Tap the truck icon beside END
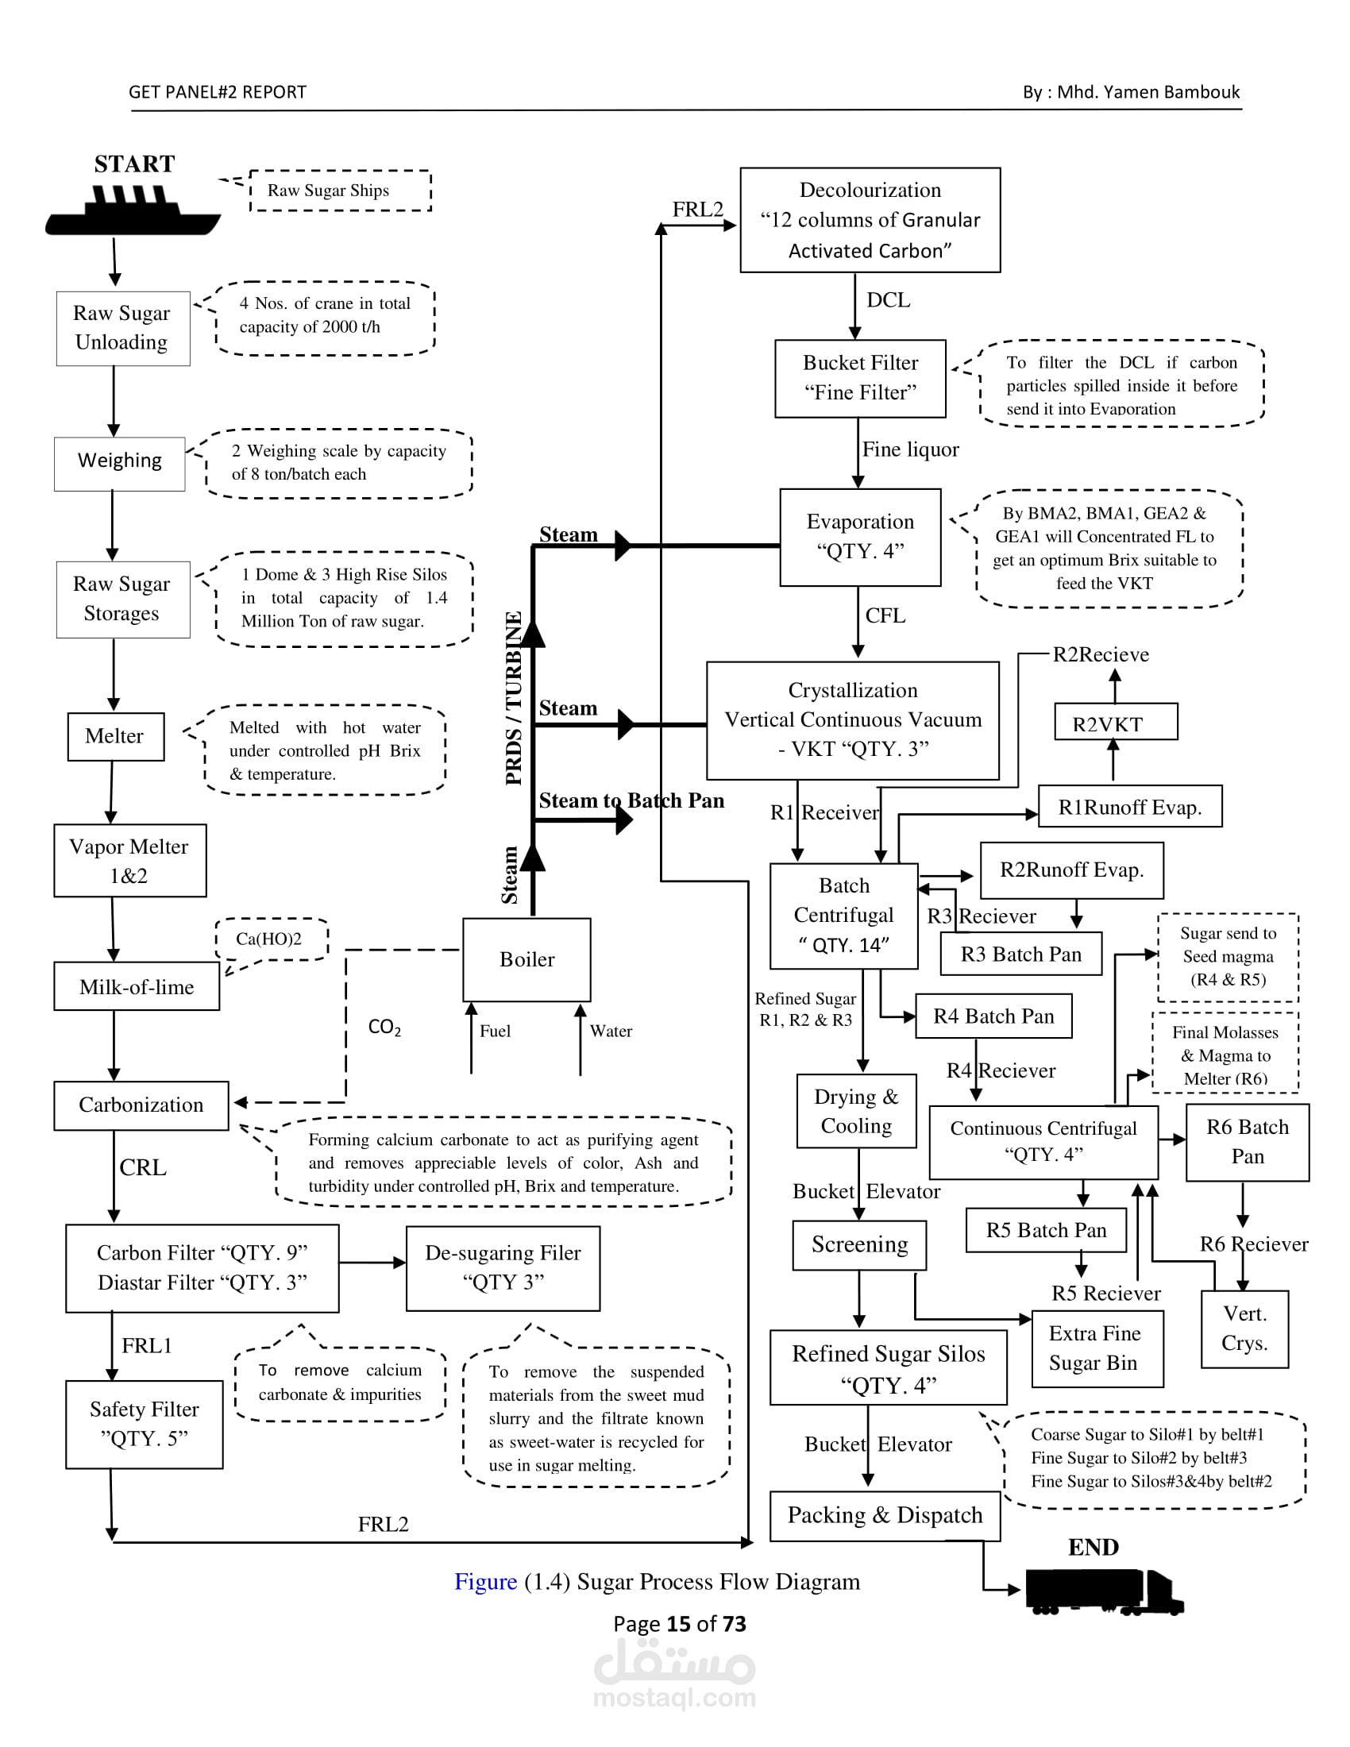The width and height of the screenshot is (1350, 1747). pyautogui.click(x=1104, y=1591)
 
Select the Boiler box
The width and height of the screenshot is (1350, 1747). pyautogui.click(x=526, y=959)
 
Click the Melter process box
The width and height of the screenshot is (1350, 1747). pyautogui.click(x=115, y=736)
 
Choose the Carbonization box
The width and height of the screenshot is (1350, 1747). pyautogui.click(x=141, y=1105)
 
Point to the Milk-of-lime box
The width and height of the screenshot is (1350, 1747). pyautogui.click(x=136, y=986)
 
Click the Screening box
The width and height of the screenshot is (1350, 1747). pyautogui.click(x=859, y=1244)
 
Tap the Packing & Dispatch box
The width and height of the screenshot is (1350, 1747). pyautogui.click(x=885, y=1515)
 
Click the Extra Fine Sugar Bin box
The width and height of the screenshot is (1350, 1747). pyautogui.click(x=1097, y=1348)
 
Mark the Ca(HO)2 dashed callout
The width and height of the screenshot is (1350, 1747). pyautogui.click(x=270, y=939)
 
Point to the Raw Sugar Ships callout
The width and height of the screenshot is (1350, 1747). pyautogui.click(x=340, y=191)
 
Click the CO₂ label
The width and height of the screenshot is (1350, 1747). pyautogui.click(x=384, y=1027)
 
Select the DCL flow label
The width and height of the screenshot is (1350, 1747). pyautogui.click(x=888, y=300)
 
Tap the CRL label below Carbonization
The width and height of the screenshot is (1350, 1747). pyautogui.click(x=143, y=1167)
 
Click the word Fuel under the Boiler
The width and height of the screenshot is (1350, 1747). pyautogui.click(x=495, y=1031)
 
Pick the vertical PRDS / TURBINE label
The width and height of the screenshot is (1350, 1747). pyautogui.click(x=514, y=697)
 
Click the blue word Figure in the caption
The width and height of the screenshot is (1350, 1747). pyautogui.click(x=485, y=1581)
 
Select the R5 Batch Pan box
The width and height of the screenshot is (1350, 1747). pyautogui.click(x=1045, y=1230)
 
